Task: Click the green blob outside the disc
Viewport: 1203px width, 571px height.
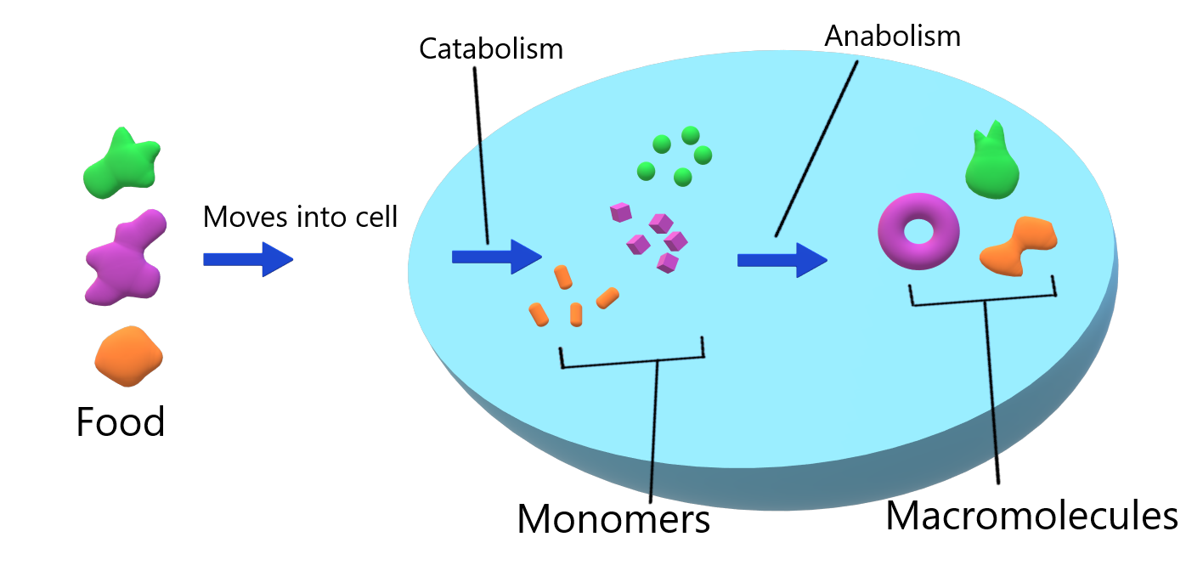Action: [121, 165]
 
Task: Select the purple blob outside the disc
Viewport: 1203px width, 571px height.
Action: [124, 259]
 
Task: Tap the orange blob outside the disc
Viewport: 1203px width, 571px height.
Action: [128, 356]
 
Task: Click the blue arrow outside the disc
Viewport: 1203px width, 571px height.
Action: [247, 259]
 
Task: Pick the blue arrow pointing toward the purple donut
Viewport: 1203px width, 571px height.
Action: [781, 260]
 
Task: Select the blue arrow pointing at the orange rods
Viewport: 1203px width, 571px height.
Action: [495, 257]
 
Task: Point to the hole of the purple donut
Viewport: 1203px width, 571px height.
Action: [918, 231]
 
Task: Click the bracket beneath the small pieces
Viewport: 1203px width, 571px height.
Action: [633, 361]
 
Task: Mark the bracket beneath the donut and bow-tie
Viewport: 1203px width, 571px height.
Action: [983, 298]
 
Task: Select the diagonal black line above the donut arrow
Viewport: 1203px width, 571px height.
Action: [816, 149]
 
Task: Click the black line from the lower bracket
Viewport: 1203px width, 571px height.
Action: [653, 433]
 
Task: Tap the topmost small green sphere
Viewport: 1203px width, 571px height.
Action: [690, 135]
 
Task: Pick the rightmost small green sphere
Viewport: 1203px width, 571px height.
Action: [703, 155]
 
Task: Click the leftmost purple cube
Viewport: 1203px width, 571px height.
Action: [621, 212]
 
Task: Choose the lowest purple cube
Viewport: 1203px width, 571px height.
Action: [668, 263]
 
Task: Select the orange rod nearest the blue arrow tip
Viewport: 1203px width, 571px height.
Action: [562, 276]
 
